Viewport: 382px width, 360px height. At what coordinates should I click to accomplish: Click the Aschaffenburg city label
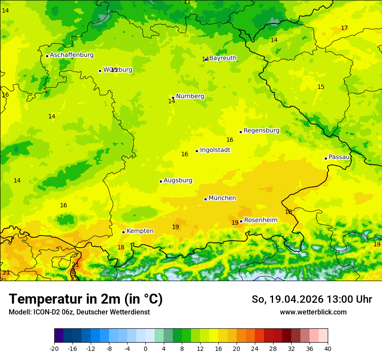click(72, 55)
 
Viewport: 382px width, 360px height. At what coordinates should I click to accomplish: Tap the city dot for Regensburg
click(240, 132)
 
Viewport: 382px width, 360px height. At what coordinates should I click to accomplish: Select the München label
click(222, 198)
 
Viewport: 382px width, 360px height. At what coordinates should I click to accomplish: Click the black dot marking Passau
click(326, 158)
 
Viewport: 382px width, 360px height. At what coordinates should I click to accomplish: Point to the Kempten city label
click(140, 231)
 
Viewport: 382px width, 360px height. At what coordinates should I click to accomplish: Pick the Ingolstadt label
click(215, 150)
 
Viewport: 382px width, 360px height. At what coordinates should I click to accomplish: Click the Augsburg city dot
click(161, 181)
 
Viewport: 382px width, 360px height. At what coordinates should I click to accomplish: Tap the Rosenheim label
click(260, 220)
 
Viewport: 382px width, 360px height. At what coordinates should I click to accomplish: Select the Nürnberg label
click(190, 96)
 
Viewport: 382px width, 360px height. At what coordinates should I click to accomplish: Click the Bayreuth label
click(223, 58)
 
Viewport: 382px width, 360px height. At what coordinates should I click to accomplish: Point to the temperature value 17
click(344, 28)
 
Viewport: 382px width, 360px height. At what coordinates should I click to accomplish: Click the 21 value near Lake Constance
click(75, 265)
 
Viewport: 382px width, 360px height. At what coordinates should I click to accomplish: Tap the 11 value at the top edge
click(187, 2)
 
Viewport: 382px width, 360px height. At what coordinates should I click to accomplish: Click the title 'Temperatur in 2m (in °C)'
click(86, 299)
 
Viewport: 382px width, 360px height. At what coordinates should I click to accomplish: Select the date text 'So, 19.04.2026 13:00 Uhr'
click(312, 299)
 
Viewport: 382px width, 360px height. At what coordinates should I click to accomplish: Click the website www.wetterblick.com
click(313, 312)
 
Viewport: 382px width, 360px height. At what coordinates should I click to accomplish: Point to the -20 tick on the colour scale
click(54, 349)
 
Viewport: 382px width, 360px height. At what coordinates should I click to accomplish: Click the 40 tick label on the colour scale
click(328, 349)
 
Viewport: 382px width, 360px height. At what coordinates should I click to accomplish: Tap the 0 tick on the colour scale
click(145, 349)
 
